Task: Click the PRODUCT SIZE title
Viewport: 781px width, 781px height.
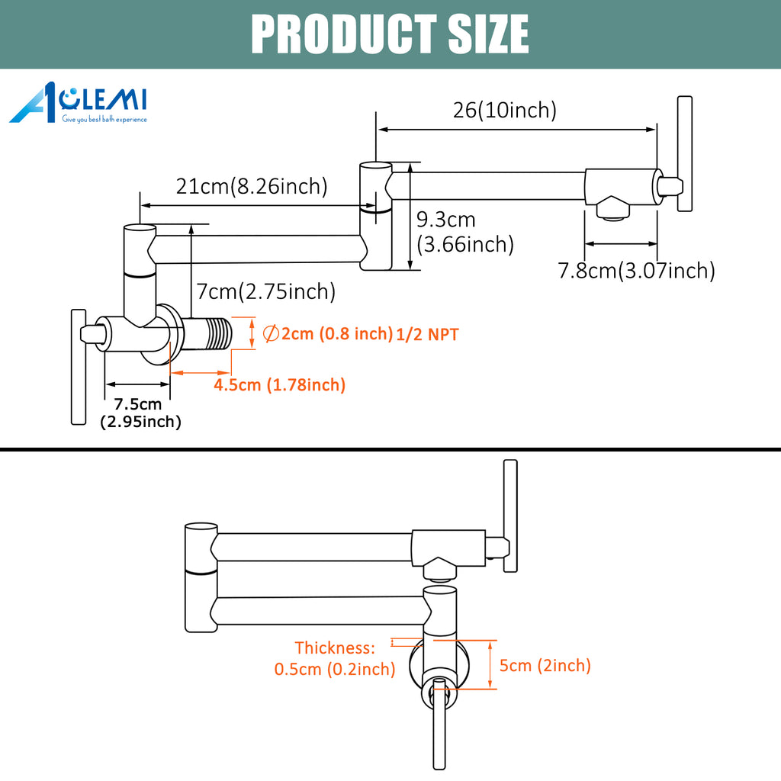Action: click(x=390, y=34)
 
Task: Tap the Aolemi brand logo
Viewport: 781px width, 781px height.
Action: click(x=79, y=103)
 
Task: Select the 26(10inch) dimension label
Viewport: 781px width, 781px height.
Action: click(x=505, y=110)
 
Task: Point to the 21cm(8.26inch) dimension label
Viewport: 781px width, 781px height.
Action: click(x=252, y=186)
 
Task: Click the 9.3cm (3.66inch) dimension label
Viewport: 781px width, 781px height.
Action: click(x=465, y=232)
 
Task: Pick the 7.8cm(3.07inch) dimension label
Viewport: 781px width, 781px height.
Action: click(x=636, y=271)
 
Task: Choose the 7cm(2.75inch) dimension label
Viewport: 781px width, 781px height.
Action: click(x=266, y=291)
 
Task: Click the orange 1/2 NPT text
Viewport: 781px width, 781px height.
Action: click(x=427, y=335)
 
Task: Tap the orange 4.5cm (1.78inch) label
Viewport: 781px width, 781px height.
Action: click(x=279, y=385)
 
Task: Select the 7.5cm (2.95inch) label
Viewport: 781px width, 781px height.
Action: click(x=140, y=413)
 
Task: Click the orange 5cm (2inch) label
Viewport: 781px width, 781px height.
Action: click(x=545, y=665)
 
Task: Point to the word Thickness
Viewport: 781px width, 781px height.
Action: click(x=335, y=648)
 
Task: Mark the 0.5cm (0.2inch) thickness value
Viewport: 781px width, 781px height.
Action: click(x=335, y=669)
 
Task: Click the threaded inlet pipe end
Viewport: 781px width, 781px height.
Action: click(x=219, y=333)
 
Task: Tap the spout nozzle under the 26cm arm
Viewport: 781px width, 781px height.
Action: click(x=612, y=208)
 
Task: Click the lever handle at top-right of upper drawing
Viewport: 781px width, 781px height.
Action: click(x=685, y=154)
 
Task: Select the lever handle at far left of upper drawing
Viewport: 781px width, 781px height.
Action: click(x=79, y=367)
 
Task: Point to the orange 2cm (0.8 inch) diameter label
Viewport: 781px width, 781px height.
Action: click(x=328, y=334)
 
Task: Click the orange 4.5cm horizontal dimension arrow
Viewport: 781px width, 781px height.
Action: click(x=201, y=372)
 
